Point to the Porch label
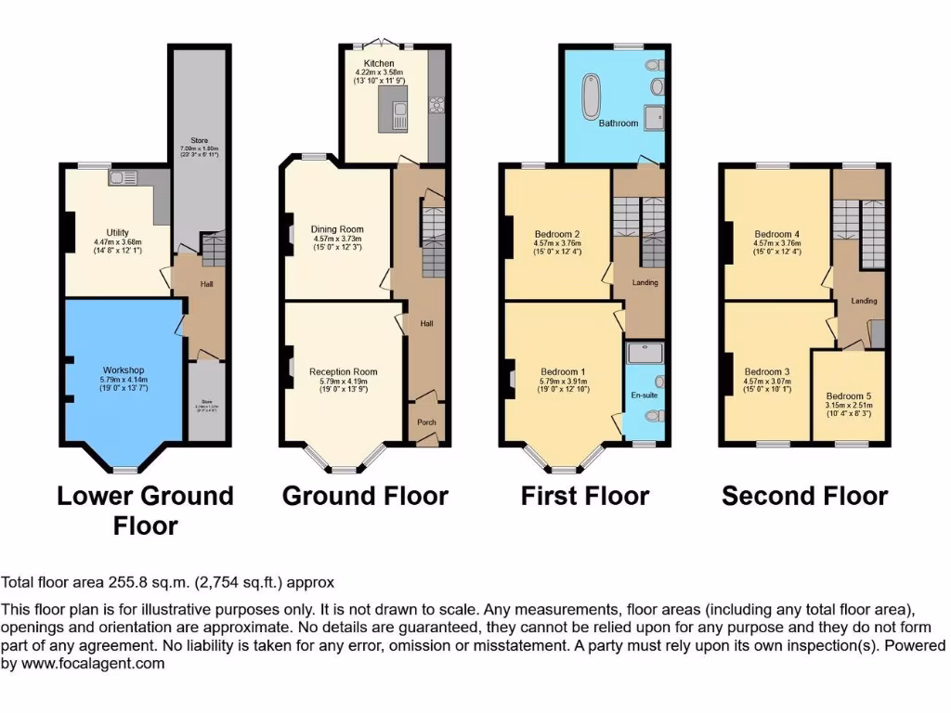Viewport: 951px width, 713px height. tap(426, 422)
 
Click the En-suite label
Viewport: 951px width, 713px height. tap(643, 395)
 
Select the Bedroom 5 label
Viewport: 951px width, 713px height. tap(849, 394)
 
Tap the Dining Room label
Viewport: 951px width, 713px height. tap(338, 228)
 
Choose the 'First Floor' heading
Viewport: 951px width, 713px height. tap(584, 496)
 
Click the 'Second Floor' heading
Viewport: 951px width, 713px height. tap(804, 496)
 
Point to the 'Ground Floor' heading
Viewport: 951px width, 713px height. tap(365, 496)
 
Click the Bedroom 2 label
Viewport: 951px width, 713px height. tap(557, 234)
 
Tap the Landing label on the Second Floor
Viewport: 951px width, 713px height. tap(864, 301)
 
